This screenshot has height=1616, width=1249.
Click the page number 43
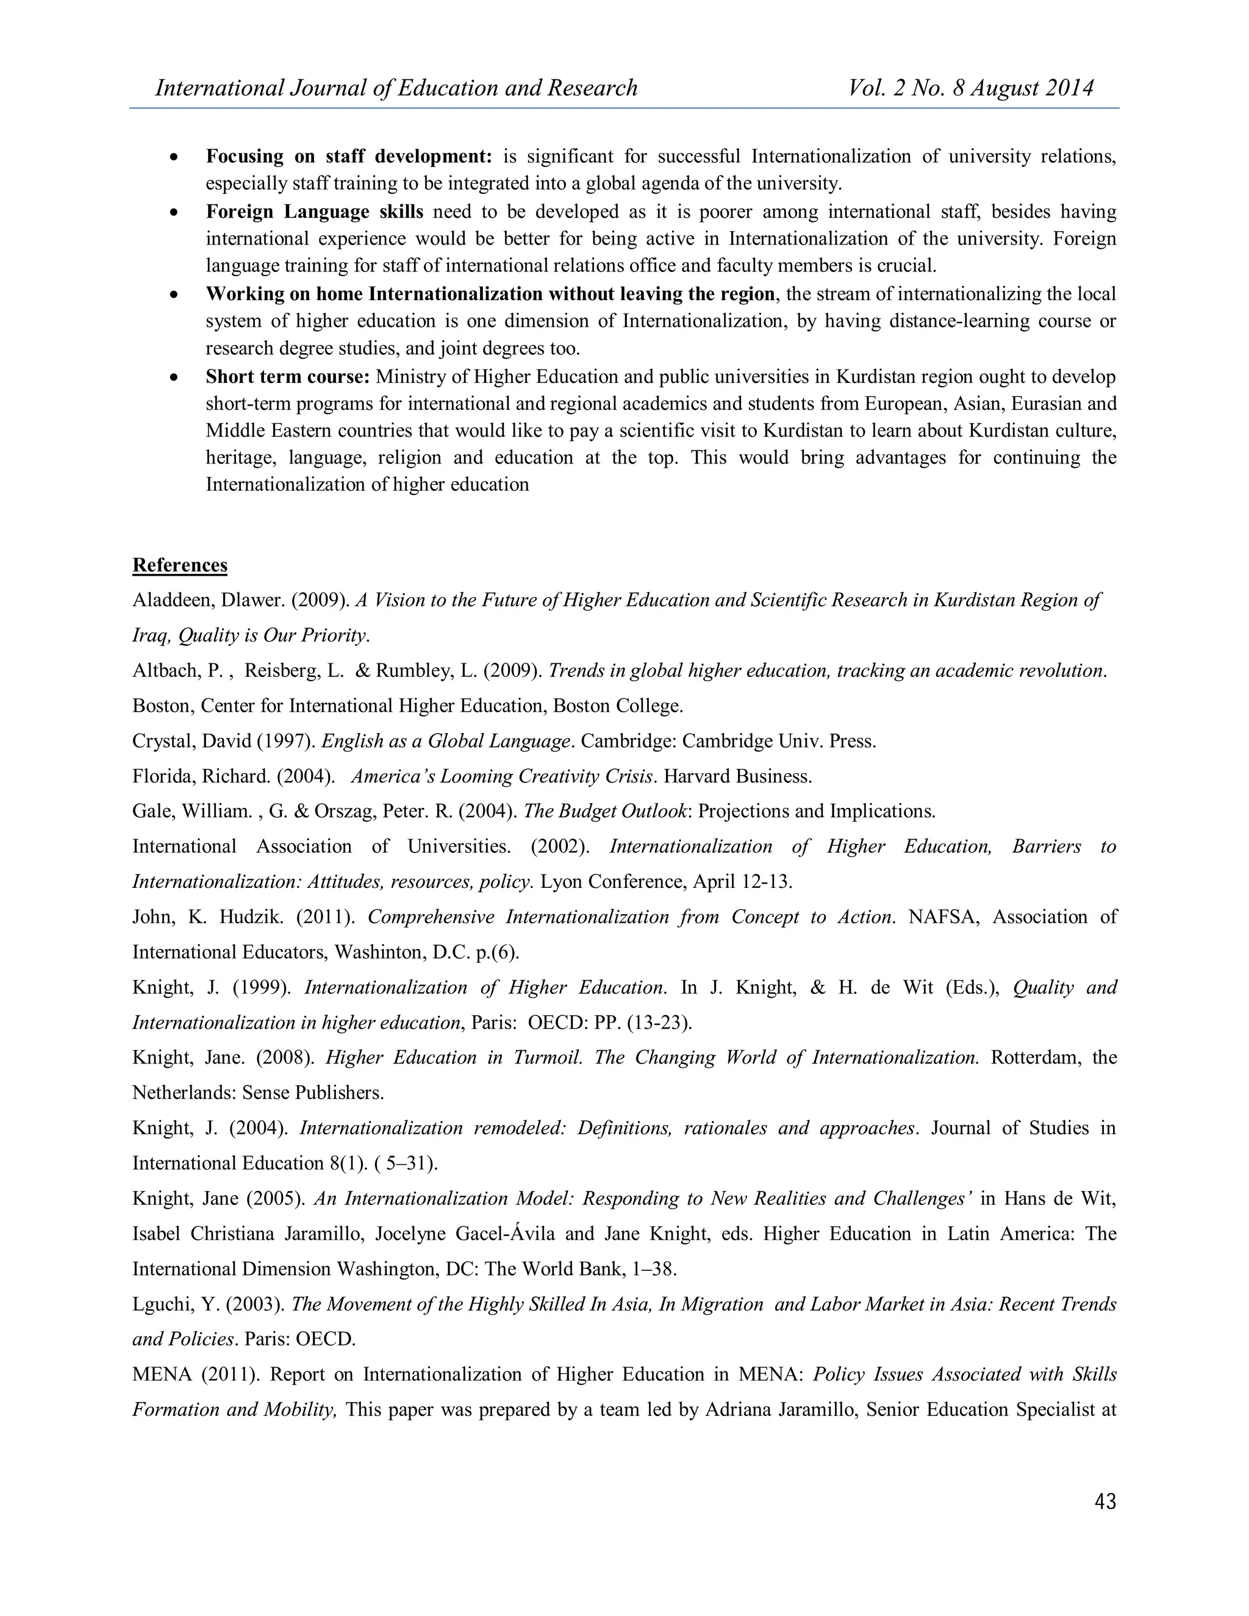(1104, 1501)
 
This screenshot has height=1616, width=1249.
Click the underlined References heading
(180, 565)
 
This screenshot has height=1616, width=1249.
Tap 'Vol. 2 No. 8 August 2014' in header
(971, 88)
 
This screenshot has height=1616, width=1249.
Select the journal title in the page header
(396, 88)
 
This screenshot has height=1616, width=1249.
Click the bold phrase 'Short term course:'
(287, 377)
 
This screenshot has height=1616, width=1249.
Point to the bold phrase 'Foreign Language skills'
(315, 212)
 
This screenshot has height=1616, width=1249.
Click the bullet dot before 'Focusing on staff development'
(174, 157)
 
